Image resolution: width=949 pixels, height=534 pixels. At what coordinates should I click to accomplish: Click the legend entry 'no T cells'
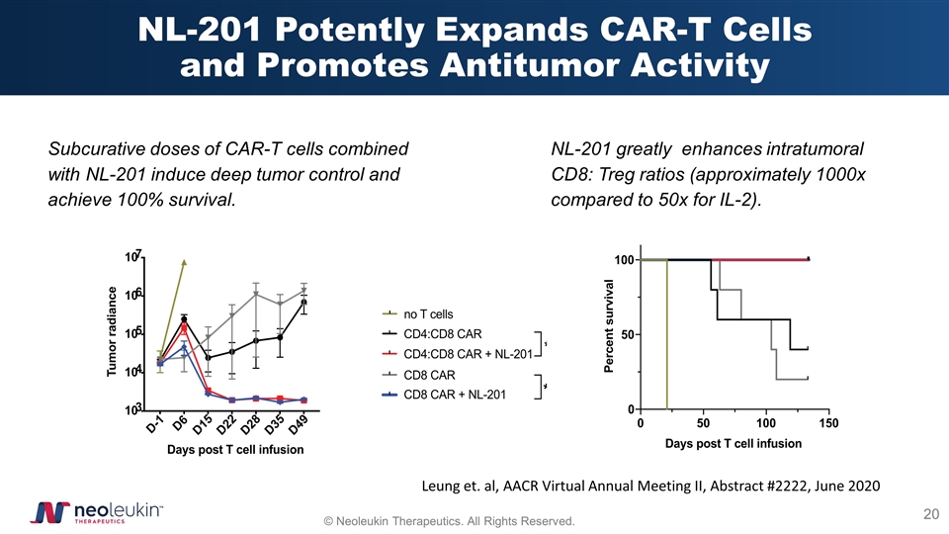pyautogui.click(x=428, y=313)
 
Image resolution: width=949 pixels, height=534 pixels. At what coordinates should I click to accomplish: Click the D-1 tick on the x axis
pyautogui.click(x=154, y=425)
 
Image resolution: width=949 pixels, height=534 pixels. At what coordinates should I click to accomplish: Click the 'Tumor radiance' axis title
pyautogui.click(x=113, y=332)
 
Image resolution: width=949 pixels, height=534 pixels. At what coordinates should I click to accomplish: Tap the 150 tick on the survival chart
pyautogui.click(x=828, y=424)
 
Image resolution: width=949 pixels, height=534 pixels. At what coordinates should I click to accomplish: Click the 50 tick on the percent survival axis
pyautogui.click(x=625, y=334)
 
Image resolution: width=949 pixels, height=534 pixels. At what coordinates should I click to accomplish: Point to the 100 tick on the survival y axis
pyautogui.click(x=623, y=260)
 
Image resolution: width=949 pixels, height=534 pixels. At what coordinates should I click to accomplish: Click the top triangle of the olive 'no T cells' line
pyautogui.click(x=185, y=263)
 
